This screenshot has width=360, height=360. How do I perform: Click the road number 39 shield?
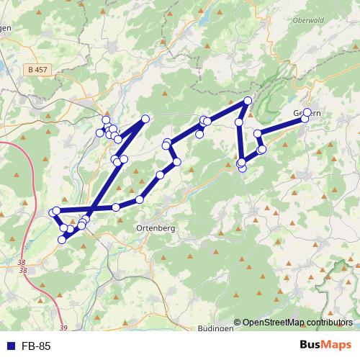(64, 328)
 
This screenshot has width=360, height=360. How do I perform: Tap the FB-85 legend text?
(36, 346)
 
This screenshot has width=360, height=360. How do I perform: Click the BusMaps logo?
(325, 346)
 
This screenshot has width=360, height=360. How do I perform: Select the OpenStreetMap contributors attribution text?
(297, 322)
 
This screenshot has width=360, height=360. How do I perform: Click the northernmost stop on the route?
(248, 101)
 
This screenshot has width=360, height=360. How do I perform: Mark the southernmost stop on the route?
(62, 240)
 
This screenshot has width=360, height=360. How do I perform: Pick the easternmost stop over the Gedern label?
(307, 112)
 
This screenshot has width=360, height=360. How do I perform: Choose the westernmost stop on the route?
(52, 212)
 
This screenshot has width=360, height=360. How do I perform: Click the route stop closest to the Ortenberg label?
(139, 199)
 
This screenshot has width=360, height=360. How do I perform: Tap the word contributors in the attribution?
(327, 322)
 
